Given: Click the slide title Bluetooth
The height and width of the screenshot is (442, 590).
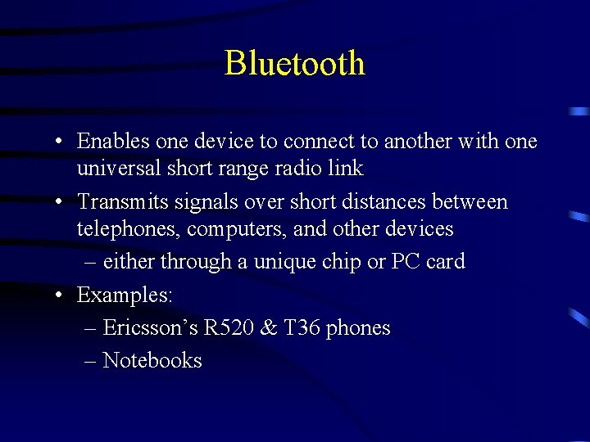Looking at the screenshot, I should click(294, 63).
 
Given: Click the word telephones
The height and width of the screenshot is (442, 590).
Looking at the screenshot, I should click(129, 229).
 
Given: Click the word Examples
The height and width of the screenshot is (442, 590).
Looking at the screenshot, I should click(124, 295).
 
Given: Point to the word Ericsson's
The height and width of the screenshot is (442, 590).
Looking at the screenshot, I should click(150, 328).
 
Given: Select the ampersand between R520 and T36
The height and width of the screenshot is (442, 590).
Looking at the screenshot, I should click(268, 328).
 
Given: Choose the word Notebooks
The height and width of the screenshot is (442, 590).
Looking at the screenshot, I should click(152, 361).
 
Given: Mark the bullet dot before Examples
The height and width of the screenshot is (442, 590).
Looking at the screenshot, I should click(61, 295).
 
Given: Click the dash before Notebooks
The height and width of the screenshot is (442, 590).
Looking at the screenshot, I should click(90, 361).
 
